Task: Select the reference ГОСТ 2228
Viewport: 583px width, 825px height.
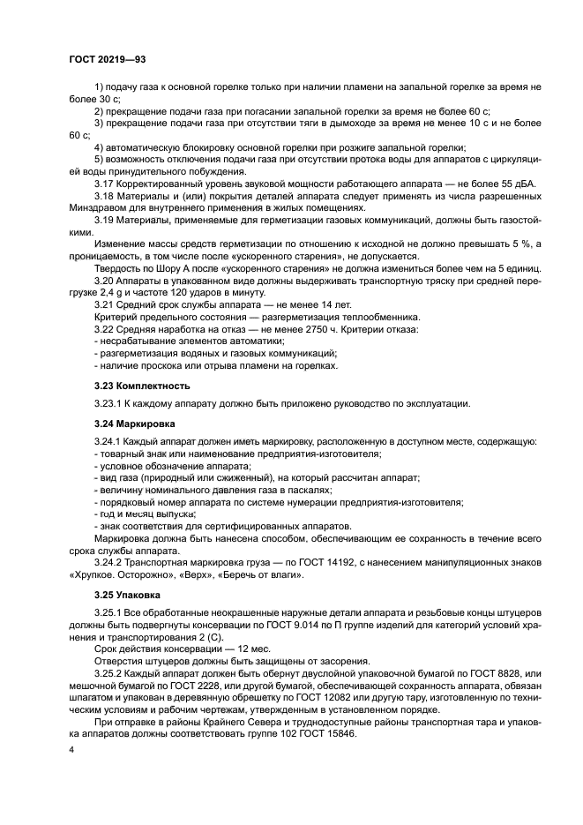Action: tap(190, 686)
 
